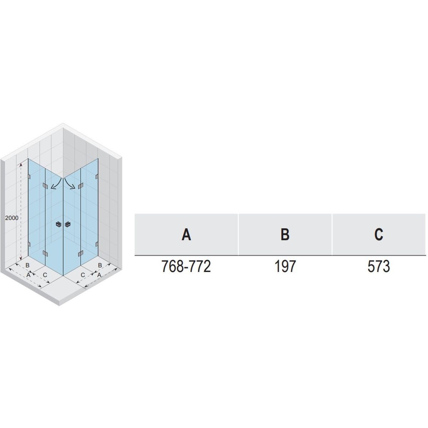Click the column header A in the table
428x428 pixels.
coord(186,235)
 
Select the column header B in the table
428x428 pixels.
coord(285,235)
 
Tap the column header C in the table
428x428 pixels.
coord(378,235)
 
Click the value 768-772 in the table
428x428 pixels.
coord(186,266)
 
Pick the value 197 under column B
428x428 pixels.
coord(285,266)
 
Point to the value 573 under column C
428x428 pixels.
coord(379,266)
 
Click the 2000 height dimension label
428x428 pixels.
coord(12,218)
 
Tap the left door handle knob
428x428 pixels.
coord(58,225)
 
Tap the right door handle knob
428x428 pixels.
coord(67,225)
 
